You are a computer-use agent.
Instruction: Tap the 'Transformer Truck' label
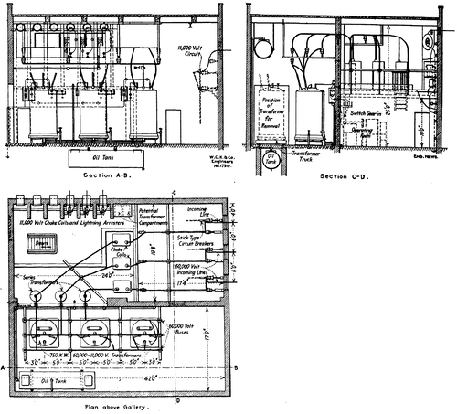pyautogui.click(x=309, y=158)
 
